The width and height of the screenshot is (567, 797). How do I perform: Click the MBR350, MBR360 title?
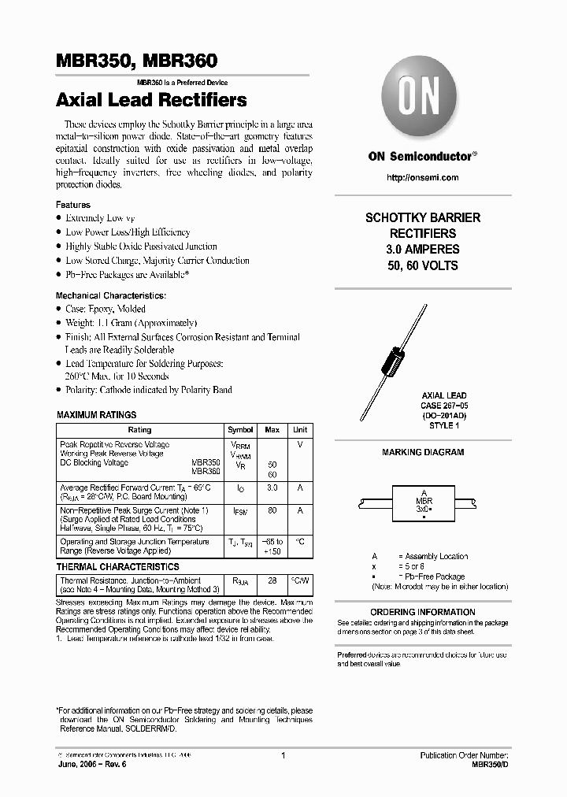(136, 61)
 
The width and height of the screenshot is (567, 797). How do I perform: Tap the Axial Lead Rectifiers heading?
(151, 100)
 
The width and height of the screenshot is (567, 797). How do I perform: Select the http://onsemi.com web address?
(423, 178)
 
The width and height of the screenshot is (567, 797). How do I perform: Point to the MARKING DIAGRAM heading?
(423, 452)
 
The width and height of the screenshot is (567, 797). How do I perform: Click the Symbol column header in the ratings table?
(240, 430)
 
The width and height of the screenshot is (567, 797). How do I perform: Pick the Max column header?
(272, 430)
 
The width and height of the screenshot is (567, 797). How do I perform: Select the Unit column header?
(300, 430)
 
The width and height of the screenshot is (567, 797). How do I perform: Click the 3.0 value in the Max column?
(272, 488)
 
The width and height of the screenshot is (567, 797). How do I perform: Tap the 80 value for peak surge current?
(272, 510)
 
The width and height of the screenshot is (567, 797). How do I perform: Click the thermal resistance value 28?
(272, 580)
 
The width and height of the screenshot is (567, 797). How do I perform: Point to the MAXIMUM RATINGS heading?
(97, 415)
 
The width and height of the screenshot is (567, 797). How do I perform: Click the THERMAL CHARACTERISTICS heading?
(118, 566)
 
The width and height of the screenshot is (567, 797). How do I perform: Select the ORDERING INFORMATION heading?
(423, 612)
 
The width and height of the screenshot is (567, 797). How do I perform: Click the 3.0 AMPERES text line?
(423, 250)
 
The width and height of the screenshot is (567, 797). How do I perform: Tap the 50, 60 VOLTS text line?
(423, 266)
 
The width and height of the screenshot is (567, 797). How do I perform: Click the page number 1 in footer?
(282, 755)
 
